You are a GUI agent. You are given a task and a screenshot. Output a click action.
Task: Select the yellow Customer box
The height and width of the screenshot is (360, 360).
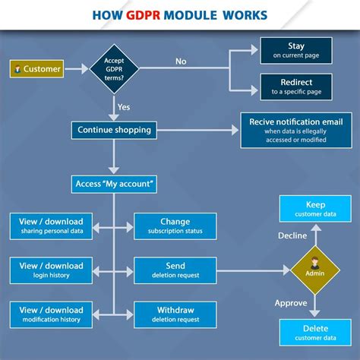tap(36, 69)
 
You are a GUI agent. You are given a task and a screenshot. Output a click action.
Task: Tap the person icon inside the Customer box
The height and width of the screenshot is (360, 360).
tap(17, 69)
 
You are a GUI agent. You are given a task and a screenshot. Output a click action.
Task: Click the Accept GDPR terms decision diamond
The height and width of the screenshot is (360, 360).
tap(114, 69)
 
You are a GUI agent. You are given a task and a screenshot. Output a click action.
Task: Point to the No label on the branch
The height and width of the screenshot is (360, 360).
tap(181, 62)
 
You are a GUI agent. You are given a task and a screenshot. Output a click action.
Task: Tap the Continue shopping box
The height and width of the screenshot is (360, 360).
tap(114, 130)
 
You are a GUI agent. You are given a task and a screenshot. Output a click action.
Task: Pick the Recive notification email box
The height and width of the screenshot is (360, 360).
tap(296, 131)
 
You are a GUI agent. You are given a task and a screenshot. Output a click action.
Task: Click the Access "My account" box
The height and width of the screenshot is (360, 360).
tap(114, 184)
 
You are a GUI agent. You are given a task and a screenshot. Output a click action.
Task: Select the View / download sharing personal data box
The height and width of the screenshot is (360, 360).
tap(51, 226)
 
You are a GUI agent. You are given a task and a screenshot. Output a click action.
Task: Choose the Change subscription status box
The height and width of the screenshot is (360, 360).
tap(175, 226)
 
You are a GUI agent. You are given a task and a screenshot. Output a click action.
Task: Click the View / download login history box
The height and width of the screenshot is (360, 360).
tap(51, 270)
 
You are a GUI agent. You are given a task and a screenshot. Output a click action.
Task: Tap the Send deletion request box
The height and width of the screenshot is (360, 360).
tap(175, 270)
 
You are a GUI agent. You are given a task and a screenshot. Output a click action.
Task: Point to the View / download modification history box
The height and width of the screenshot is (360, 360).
tap(51, 314)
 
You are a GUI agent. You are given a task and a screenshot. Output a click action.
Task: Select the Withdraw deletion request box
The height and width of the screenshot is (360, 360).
tap(175, 314)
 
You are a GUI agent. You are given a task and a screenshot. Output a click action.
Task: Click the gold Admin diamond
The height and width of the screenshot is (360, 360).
tap(315, 270)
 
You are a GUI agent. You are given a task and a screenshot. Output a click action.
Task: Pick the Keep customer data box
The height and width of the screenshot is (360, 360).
tap(315, 209)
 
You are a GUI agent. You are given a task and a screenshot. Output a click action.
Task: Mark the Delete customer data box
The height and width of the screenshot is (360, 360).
tap(315, 332)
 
